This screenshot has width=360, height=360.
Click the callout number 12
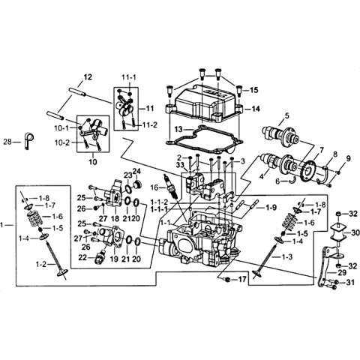pyautogui.click(x=88, y=77)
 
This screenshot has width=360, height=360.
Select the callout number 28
pyautogui.click(x=7, y=142)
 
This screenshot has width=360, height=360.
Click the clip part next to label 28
pyautogui.click(x=28, y=140)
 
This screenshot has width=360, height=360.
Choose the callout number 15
pyautogui.click(x=254, y=90)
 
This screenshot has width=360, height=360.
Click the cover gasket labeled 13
pyautogui.click(x=205, y=139)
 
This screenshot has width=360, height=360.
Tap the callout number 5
pyautogui.click(x=286, y=115)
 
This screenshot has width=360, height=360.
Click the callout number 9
pyautogui.click(x=348, y=158)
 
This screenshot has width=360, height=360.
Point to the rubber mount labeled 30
pyautogui.click(x=338, y=232)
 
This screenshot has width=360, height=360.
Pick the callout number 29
pyautogui.click(x=342, y=272)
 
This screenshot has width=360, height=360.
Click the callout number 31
pyautogui.click(x=350, y=283)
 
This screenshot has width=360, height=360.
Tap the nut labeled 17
pyautogui.click(x=227, y=279)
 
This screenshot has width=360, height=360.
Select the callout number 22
pyautogui.click(x=83, y=257)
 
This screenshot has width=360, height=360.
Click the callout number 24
pyautogui.click(x=136, y=171)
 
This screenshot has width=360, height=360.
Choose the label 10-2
pyautogui.click(x=62, y=142)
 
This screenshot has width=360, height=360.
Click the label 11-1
pyautogui.click(x=129, y=77)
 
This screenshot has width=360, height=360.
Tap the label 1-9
pyautogui.click(x=271, y=207)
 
